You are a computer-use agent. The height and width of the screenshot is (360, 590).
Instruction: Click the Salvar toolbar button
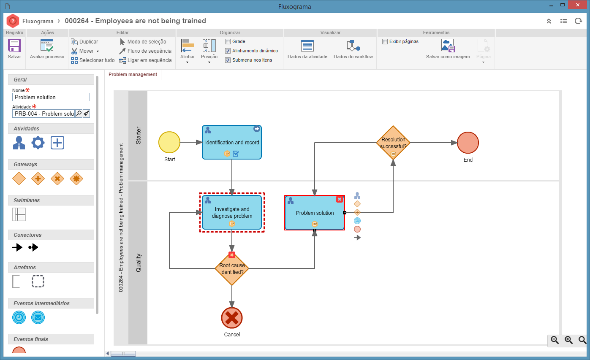(x=14, y=49)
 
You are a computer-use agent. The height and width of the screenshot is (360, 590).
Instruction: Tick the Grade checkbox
(x=228, y=42)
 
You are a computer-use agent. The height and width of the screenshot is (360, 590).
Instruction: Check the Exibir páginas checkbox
(x=385, y=42)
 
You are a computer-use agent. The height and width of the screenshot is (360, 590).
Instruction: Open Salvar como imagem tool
(x=448, y=49)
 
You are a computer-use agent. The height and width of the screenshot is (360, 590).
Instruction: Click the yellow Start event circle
(x=169, y=142)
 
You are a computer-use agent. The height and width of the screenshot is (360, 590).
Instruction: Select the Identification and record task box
(x=232, y=142)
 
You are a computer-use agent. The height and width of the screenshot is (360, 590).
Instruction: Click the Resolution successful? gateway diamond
(x=393, y=143)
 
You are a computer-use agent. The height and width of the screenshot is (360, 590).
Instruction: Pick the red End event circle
(x=468, y=143)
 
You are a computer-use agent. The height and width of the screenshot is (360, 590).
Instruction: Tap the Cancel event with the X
(x=232, y=318)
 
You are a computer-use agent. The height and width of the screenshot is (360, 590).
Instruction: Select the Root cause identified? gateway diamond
(x=232, y=268)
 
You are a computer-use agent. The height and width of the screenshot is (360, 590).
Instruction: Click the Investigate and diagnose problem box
(x=232, y=212)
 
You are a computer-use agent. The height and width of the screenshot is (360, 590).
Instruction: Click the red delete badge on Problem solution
(x=340, y=199)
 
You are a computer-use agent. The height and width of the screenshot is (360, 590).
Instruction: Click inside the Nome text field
(x=51, y=97)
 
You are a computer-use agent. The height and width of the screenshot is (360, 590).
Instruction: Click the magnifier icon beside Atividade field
(x=79, y=114)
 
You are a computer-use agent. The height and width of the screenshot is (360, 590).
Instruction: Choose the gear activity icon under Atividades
(x=38, y=143)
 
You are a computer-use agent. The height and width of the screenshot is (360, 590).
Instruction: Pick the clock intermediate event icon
(x=19, y=317)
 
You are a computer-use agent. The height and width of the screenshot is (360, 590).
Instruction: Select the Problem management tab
(x=133, y=74)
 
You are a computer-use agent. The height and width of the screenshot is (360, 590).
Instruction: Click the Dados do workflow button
(x=353, y=49)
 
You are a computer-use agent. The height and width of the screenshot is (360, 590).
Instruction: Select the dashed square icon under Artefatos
(x=38, y=282)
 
